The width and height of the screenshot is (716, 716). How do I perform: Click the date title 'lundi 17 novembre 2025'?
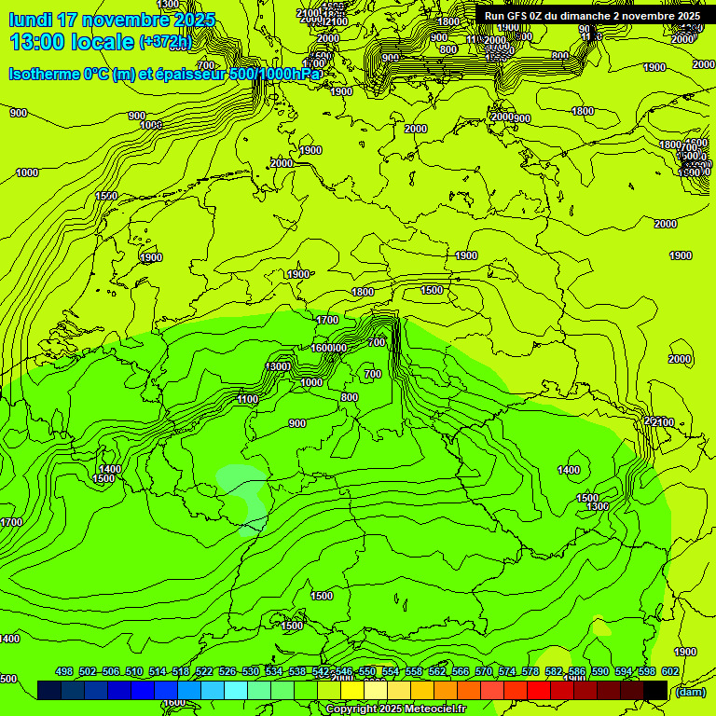[x=112, y=20]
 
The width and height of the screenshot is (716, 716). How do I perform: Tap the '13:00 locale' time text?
[x=72, y=41]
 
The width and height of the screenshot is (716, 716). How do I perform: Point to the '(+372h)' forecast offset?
[x=165, y=42]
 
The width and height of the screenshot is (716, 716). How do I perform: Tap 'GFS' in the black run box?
[x=517, y=16]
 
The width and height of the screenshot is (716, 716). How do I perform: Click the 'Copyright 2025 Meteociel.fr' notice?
[x=396, y=709]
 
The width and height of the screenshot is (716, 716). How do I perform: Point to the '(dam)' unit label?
[x=690, y=691]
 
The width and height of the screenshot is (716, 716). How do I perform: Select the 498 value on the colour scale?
[x=64, y=671]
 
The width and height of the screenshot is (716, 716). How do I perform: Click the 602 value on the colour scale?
[x=670, y=671]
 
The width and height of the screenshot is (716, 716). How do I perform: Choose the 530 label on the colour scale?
[x=251, y=671]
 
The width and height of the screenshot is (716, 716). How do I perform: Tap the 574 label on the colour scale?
[x=507, y=671]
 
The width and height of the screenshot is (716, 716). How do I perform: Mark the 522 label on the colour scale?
[x=204, y=671]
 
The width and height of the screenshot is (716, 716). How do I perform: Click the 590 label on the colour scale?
[x=600, y=671]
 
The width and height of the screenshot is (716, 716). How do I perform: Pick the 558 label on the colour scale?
[x=414, y=671]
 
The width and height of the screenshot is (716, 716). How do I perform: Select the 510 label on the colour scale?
[x=134, y=671]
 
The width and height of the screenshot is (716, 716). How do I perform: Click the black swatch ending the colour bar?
[x=655, y=690]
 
